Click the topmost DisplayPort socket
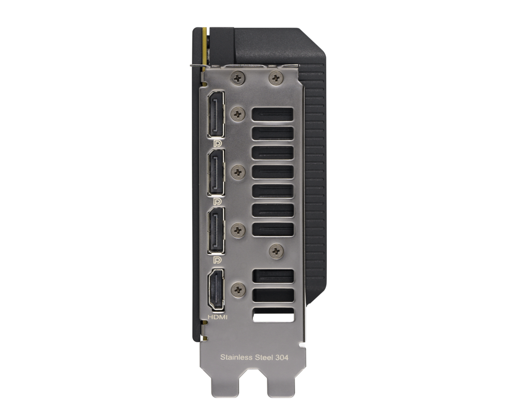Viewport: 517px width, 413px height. (x=216, y=114)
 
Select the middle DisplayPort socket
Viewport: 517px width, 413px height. (x=216, y=172)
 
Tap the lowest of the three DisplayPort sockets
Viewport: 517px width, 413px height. (x=216, y=230)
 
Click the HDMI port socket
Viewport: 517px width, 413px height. (x=216, y=290)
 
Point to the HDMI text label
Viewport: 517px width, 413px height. (x=218, y=317)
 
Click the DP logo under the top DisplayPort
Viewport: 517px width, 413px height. (x=217, y=144)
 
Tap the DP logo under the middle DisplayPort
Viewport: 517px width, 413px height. (x=217, y=201)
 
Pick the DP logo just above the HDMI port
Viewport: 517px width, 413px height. (x=217, y=260)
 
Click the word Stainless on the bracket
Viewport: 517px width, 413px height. (x=236, y=357)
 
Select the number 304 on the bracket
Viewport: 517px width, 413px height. (x=282, y=357)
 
